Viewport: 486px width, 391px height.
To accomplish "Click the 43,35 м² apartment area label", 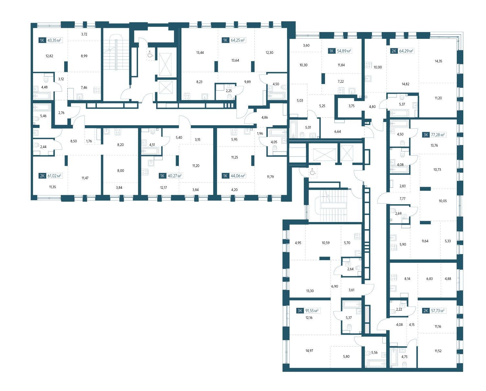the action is coord(54,40).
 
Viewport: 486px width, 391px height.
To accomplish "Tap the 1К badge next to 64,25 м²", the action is coord(225,40).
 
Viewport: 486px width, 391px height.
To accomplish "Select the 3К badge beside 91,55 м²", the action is coord(300,311).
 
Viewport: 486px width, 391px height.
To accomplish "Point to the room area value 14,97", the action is coord(309,351).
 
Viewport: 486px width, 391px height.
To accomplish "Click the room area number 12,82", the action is coord(49,56).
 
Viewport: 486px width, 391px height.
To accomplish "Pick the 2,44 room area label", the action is coord(43,147).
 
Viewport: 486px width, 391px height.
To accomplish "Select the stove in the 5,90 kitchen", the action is coord(393,247).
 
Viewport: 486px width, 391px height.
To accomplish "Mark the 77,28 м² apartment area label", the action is coord(438,135).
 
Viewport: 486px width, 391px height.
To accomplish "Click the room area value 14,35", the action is coord(438,61).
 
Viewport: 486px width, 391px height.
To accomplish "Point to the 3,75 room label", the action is coord(352,106).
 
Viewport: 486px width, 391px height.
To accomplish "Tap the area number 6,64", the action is coord(337,131).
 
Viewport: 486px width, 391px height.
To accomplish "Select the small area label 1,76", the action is coord(89,141).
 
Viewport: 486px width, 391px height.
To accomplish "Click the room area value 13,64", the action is coord(235,61).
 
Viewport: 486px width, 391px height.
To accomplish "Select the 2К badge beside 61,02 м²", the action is coord(42,176).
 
